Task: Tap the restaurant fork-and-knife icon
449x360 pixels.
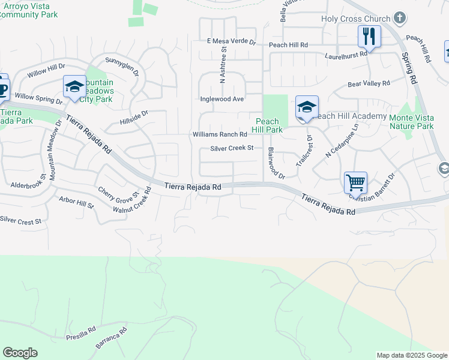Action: point(369,37)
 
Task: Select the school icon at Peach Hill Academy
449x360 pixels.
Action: point(307,108)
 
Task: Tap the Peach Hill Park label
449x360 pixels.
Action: point(267,125)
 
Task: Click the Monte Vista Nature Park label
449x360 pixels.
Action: point(411,122)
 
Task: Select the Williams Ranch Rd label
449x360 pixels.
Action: point(219,134)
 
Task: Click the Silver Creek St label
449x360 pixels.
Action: point(232,148)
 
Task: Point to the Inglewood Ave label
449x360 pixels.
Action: point(222,99)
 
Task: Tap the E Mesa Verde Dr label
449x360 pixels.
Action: point(231,42)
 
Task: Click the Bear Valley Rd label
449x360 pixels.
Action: point(369,83)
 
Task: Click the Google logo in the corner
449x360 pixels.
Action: point(20,353)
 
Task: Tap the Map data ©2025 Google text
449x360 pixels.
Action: point(412,355)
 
